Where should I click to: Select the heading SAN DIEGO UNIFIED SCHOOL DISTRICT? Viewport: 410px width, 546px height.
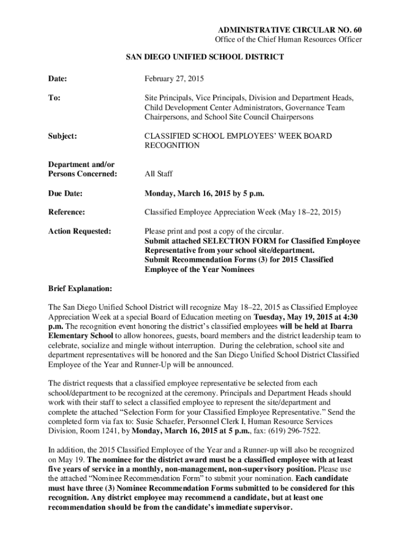tap(204, 57)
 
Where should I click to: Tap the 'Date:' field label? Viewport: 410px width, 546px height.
tap(58, 79)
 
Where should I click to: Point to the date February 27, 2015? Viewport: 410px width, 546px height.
tap(174, 79)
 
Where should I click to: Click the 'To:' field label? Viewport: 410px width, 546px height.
tap(54, 98)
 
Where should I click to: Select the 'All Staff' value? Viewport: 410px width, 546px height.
tap(159, 173)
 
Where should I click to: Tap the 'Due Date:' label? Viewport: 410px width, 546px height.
tap(67, 192)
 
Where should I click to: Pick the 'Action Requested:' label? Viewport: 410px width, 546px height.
tap(80, 231)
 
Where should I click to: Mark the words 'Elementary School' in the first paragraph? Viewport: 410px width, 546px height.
tap(80, 336)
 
